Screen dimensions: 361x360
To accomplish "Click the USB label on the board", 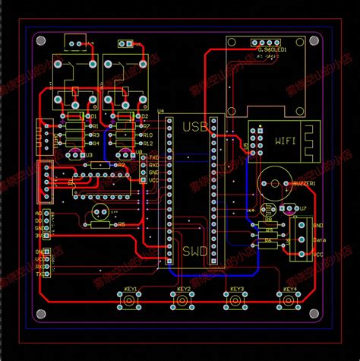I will (x=195, y=126).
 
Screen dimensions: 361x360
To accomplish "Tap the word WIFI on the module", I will (x=285, y=141).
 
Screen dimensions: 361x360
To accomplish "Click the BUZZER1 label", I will (x=302, y=183).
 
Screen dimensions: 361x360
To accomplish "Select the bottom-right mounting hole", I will (x=321, y=320).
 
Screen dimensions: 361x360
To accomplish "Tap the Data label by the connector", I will (x=319, y=239).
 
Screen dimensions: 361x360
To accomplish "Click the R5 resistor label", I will (x=121, y=224).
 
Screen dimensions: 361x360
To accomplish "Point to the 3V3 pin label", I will (x=39, y=235).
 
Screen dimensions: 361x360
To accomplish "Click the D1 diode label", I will (x=93, y=116).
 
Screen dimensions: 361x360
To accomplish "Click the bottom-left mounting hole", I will (x=40, y=320).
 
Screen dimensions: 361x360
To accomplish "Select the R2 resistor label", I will (x=120, y=164).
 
